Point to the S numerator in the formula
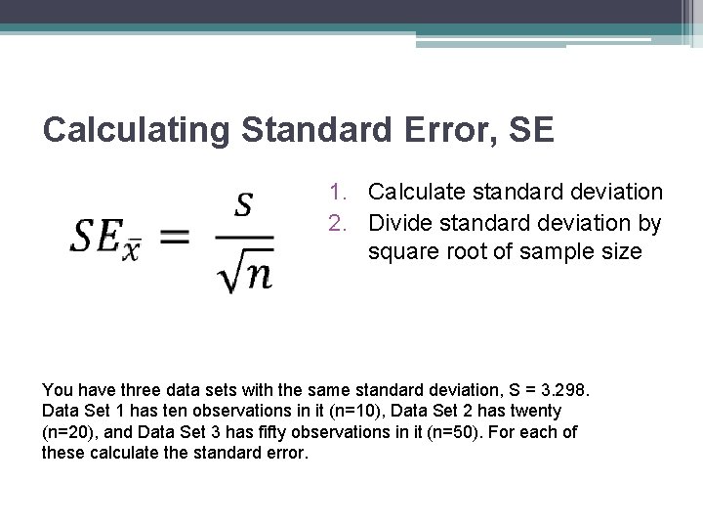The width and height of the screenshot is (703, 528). point(245,204)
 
